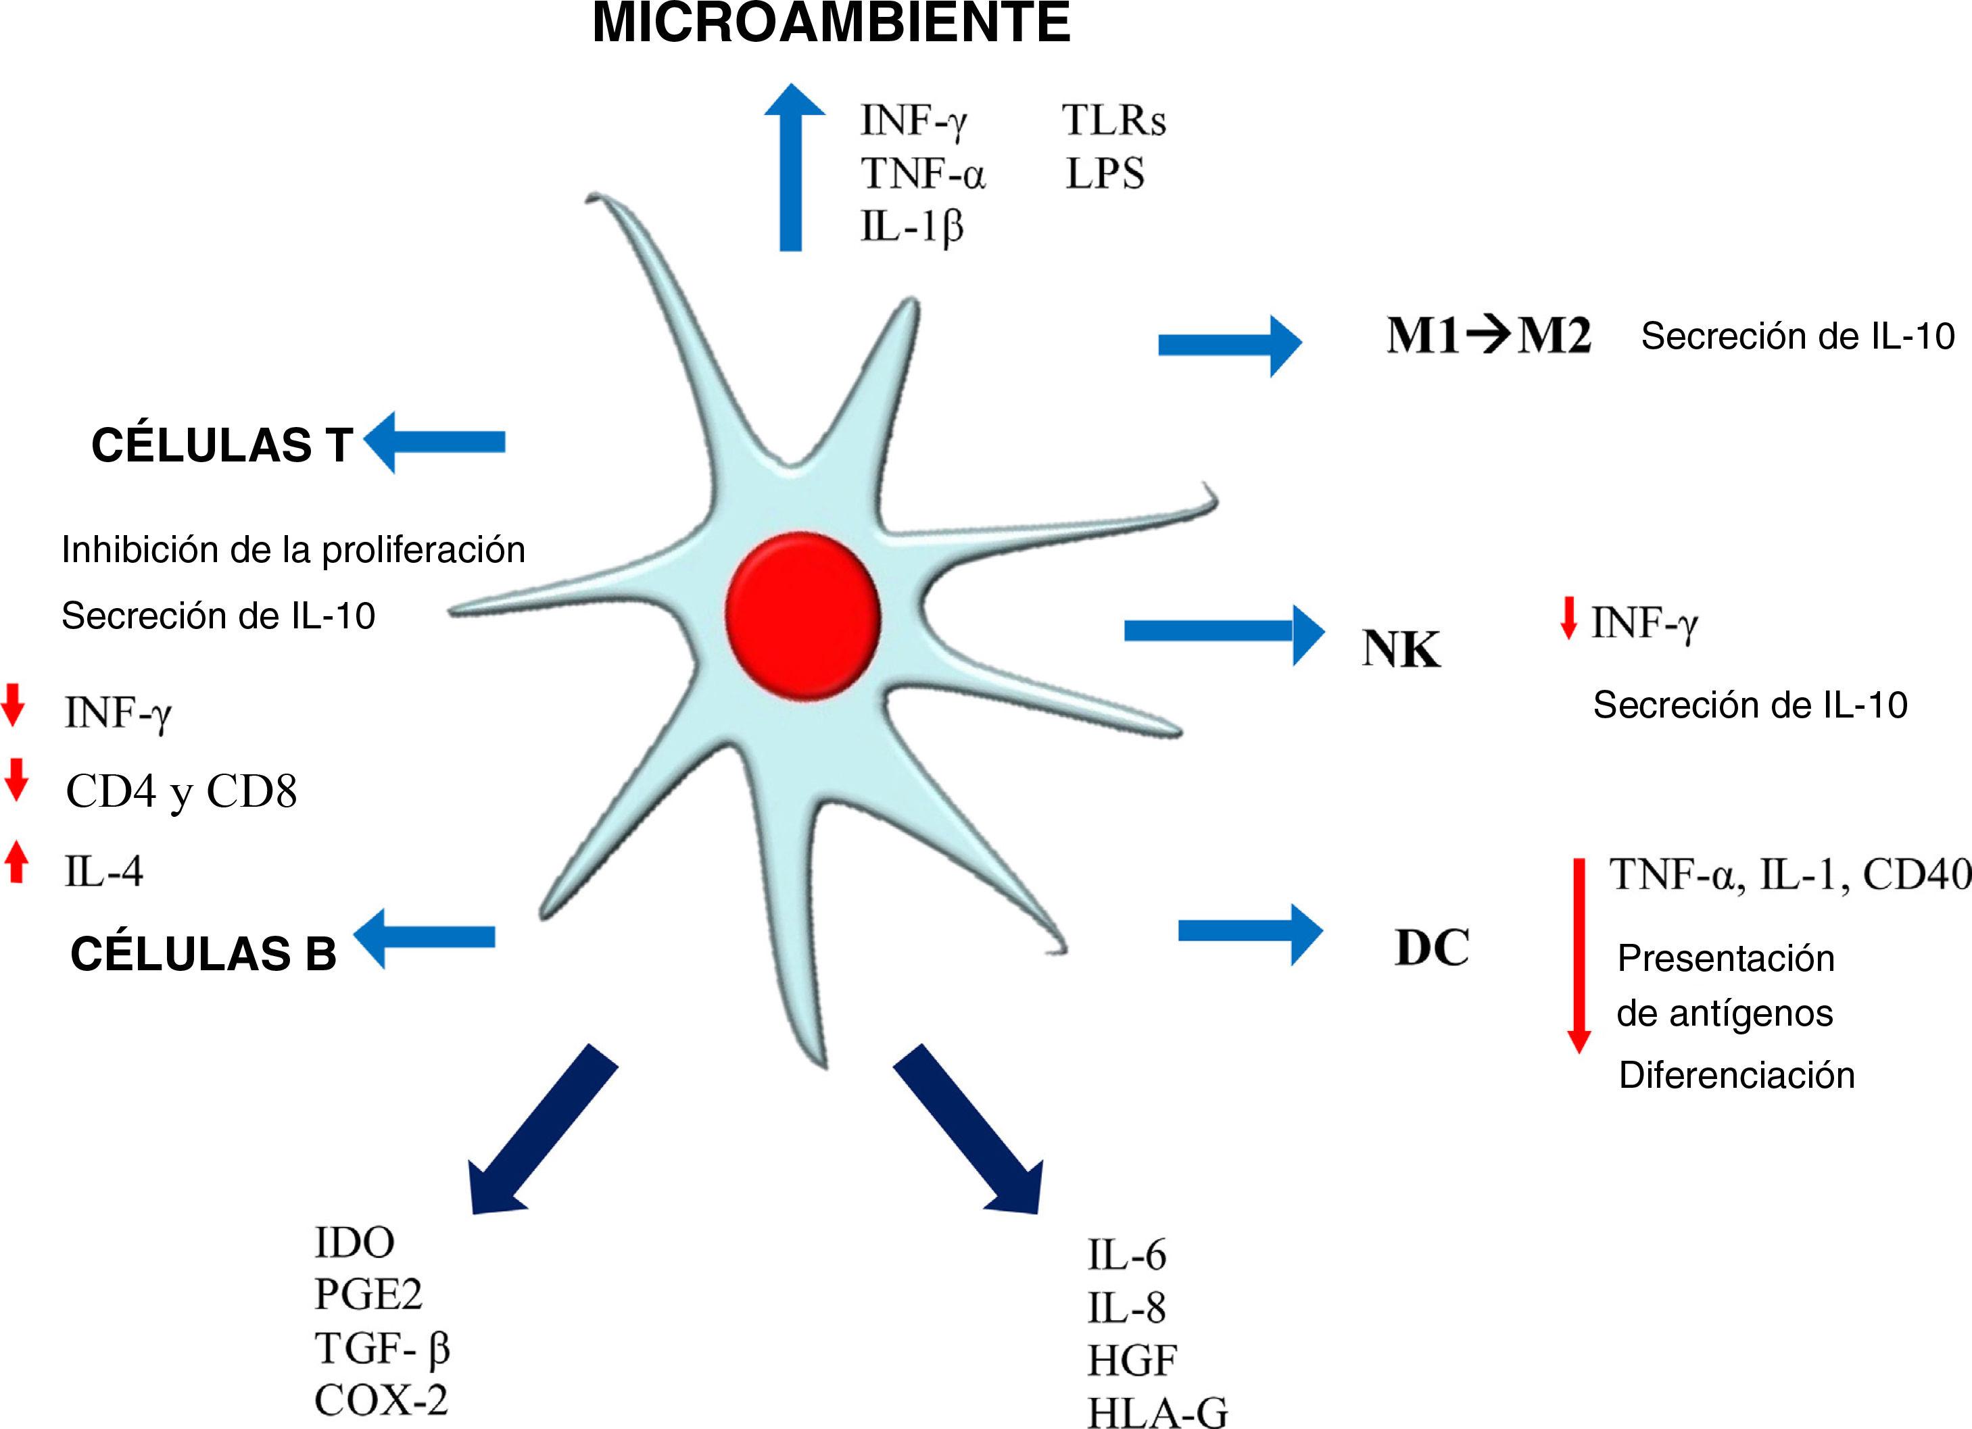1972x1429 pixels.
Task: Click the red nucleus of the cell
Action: pyautogui.click(x=802, y=616)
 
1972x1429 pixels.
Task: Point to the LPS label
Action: pyautogui.click(x=1105, y=174)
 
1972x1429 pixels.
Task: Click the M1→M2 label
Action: pyautogui.click(x=1489, y=336)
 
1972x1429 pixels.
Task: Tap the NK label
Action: pyautogui.click(x=1400, y=649)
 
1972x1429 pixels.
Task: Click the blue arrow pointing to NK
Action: pyautogui.click(x=1224, y=631)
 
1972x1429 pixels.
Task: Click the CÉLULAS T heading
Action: pyautogui.click(x=222, y=445)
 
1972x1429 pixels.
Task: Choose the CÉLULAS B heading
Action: pyautogui.click(x=203, y=953)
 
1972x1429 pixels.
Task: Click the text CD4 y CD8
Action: pyautogui.click(x=182, y=792)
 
